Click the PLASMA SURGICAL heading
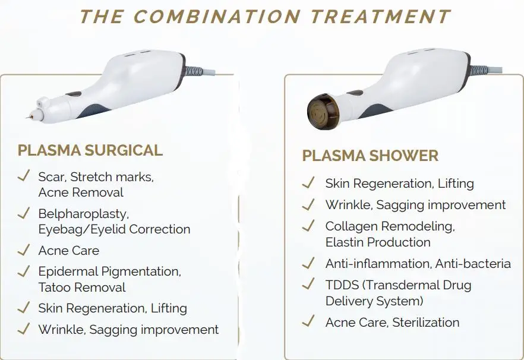[90, 150]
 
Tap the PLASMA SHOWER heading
[370, 156]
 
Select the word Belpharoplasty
[83, 213]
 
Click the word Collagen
[351, 226]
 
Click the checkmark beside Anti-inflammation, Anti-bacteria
[308, 263]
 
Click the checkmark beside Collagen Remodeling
[308, 226]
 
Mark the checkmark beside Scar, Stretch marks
[24, 176]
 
